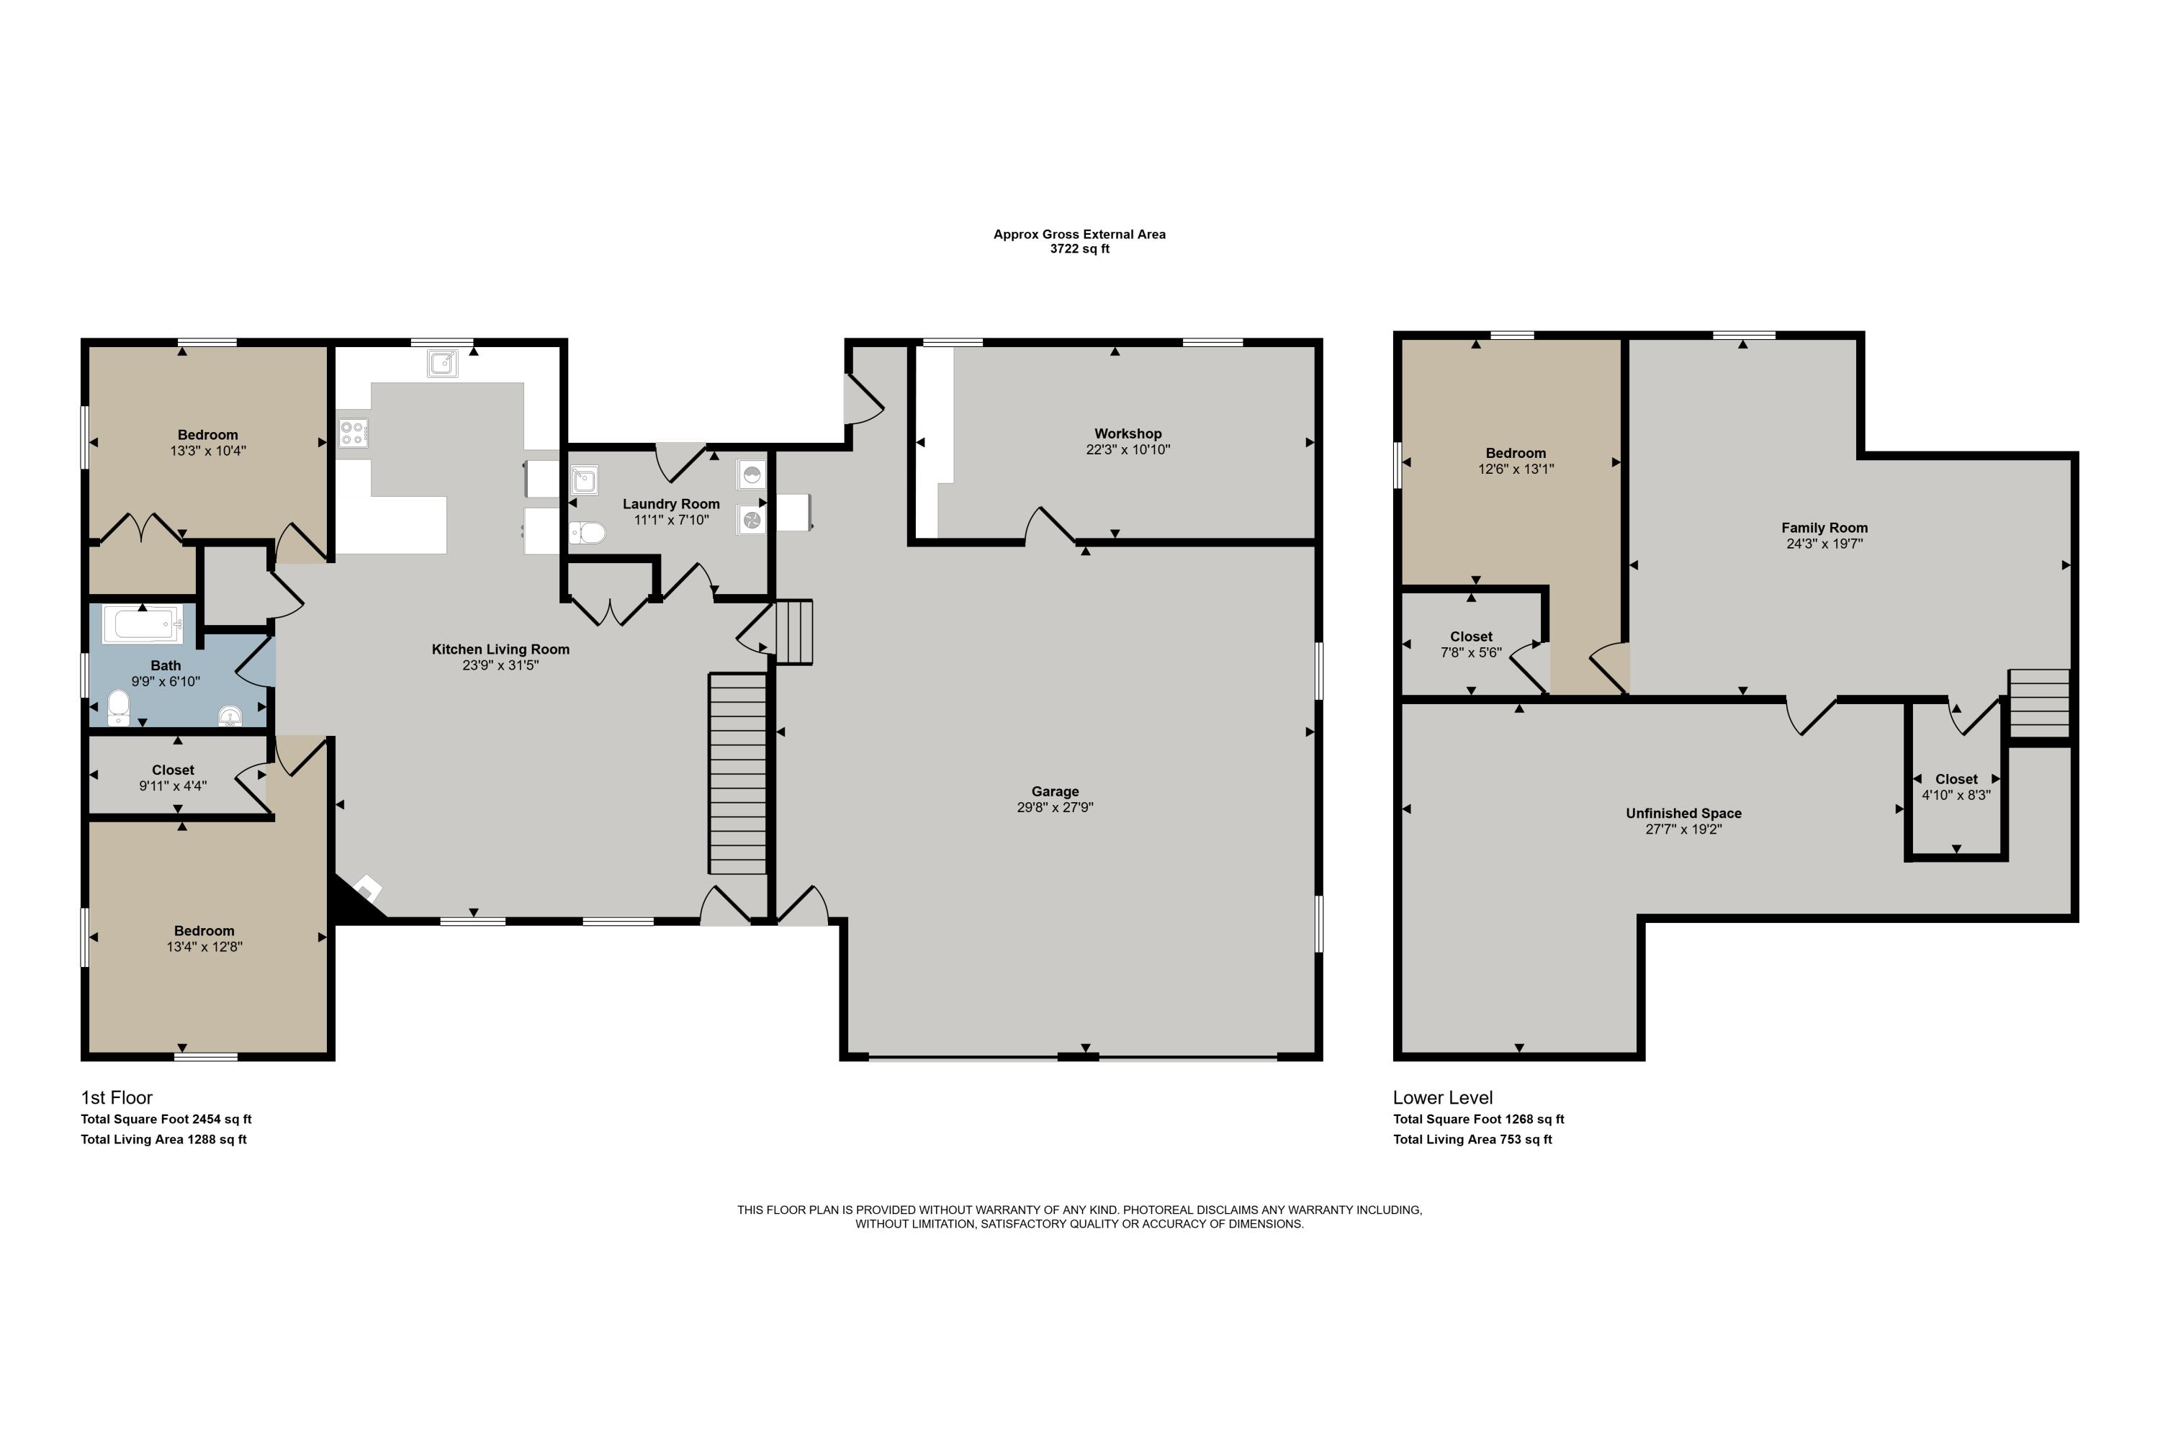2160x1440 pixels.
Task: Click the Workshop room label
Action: (1128, 433)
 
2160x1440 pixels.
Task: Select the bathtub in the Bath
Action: (143, 624)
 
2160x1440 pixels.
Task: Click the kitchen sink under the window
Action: (443, 364)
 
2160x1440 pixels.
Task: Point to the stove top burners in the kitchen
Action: (354, 431)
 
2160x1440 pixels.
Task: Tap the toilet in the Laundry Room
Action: (587, 533)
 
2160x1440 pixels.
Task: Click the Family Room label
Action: (1824, 527)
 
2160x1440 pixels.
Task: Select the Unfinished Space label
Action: (1683, 813)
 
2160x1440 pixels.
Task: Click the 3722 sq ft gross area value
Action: (1079, 249)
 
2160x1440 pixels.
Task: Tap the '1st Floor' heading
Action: (117, 1097)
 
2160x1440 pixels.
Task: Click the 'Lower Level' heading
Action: (1443, 1097)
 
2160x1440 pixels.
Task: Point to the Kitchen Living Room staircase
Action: (737, 773)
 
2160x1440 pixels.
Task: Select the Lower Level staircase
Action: (2040, 703)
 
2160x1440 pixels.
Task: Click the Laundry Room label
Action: (671, 503)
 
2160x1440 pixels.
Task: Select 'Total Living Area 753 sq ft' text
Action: (1472, 1140)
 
